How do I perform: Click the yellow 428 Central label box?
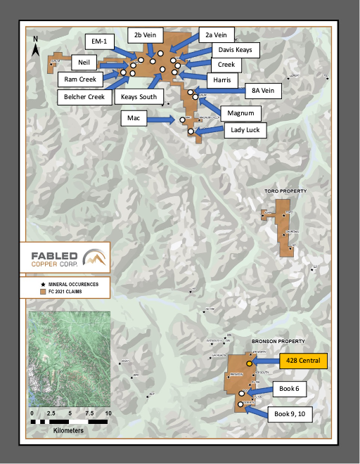tap(303, 361)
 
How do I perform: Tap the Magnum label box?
tap(240, 112)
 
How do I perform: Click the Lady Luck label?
tap(243, 129)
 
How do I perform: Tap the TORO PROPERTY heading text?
tap(280, 191)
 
